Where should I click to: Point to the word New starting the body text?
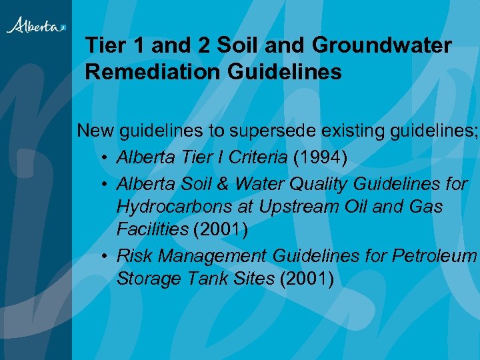[96, 130]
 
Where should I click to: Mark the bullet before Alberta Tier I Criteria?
[106, 157]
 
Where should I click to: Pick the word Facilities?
[152, 230]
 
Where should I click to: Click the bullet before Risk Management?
[106, 256]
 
